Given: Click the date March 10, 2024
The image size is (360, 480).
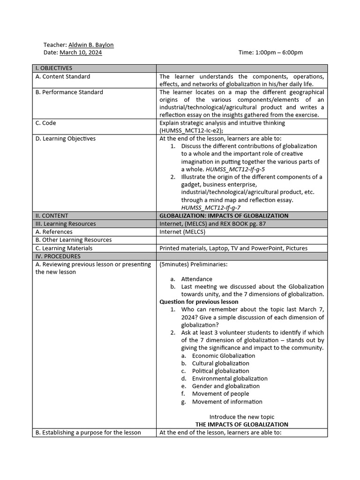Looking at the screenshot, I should click(x=81, y=52).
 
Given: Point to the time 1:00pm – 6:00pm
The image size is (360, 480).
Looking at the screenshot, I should click(x=270, y=52).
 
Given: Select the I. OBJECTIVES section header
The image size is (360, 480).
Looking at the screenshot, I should click(x=54, y=68).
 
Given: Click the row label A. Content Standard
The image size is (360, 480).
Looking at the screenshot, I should click(x=63, y=76).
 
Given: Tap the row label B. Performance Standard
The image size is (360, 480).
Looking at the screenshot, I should click(x=69, y=92).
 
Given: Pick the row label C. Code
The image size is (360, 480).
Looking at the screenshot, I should click(x=45, y=123).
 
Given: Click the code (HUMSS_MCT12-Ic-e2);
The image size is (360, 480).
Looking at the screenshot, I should click(x=191, y=130).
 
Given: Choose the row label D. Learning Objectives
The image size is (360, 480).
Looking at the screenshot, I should click(x=66, y=138).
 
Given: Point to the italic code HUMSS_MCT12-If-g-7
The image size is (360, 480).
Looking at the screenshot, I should click(x=211, y=207).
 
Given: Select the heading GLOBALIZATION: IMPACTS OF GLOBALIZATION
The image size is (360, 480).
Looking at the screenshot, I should click(x=224, y=216).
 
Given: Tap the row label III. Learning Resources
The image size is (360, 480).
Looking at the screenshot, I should click(x=66, y=224).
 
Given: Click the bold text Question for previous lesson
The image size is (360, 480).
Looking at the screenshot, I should click(x=199, y=302).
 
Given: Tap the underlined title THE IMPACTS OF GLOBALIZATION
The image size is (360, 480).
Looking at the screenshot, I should click(x=242, y=424).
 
